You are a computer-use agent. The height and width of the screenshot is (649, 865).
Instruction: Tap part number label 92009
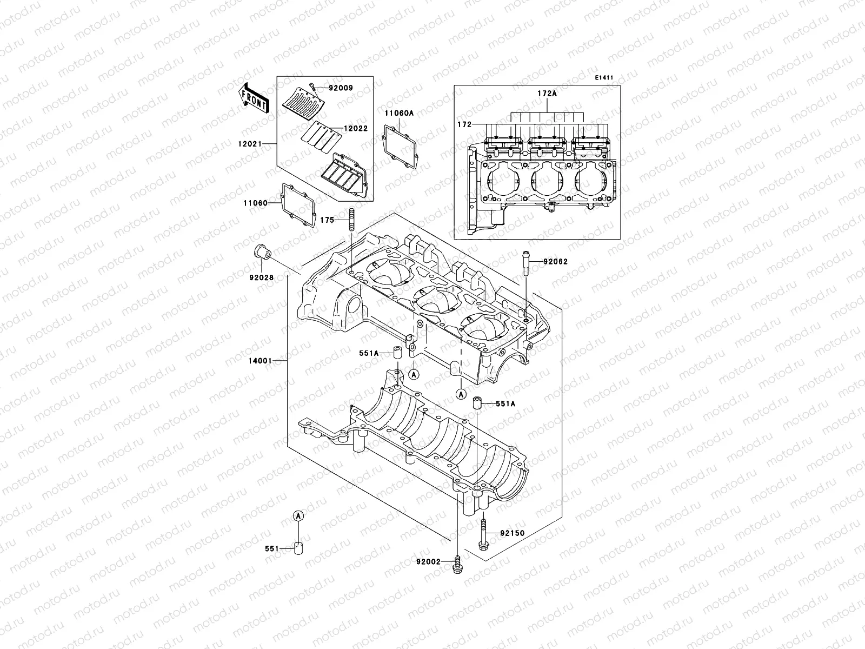pos(327,87)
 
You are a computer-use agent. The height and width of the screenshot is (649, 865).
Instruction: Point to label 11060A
pos(399,113)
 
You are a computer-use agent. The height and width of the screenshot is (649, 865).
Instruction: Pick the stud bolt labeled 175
pos(351,221)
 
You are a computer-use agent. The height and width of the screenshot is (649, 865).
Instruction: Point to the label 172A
pos(547,93)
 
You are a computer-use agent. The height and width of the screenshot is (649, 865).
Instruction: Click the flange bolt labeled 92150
pos(482,535)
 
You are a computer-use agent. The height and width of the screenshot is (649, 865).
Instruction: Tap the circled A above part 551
pos(297,516)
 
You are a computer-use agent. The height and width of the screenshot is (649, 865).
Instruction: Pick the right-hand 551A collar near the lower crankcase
pos(477,403)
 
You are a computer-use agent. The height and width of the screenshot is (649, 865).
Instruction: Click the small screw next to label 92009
pos(312,86)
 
